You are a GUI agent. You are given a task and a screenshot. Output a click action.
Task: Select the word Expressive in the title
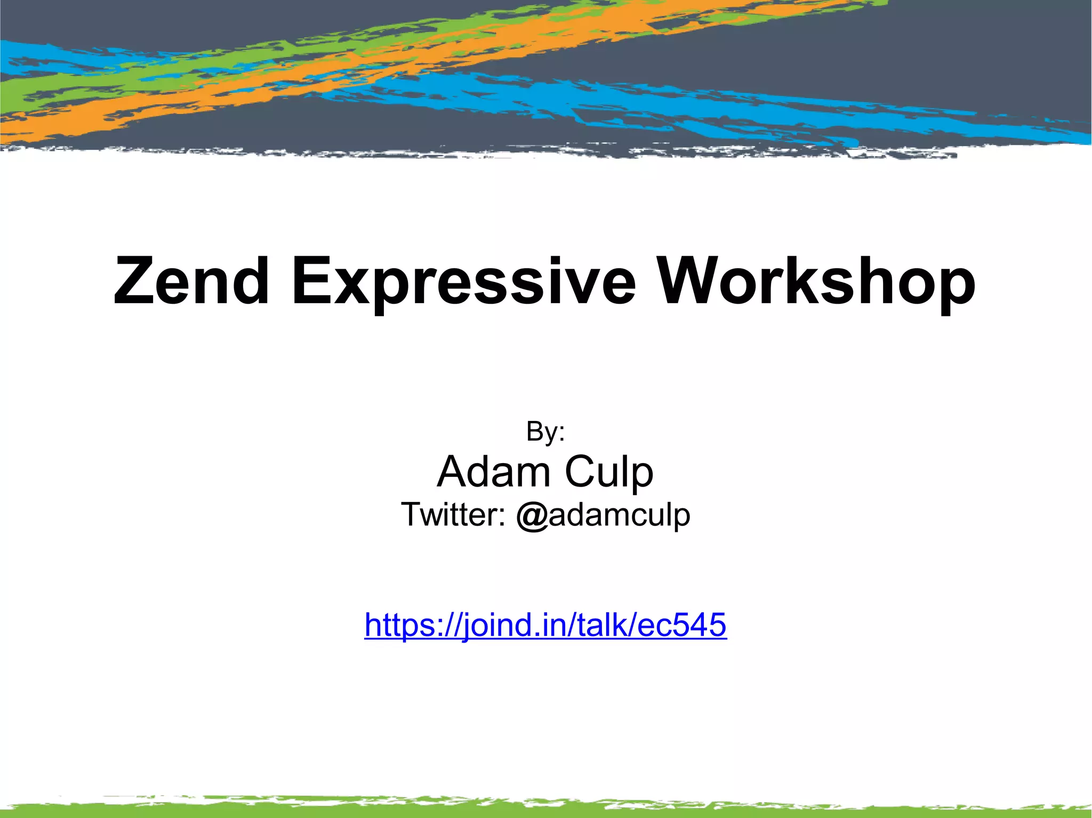click(x=463, y=282)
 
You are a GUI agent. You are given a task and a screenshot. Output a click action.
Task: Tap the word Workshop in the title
click(x=816, y=282)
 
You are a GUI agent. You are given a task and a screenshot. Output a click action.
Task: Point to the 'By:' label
click(x=545, y=432)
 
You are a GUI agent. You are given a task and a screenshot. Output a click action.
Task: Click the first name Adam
click(x=494, y=472)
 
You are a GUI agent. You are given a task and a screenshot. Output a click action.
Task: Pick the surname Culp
click(x=608, y=473)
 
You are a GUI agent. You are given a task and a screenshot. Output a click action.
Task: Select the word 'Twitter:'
click(x=453, y=515)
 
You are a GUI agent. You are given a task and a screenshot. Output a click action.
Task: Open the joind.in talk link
click(x=545, y=625)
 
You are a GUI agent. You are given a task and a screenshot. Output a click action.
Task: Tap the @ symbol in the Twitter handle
click(x=532, y=516)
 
